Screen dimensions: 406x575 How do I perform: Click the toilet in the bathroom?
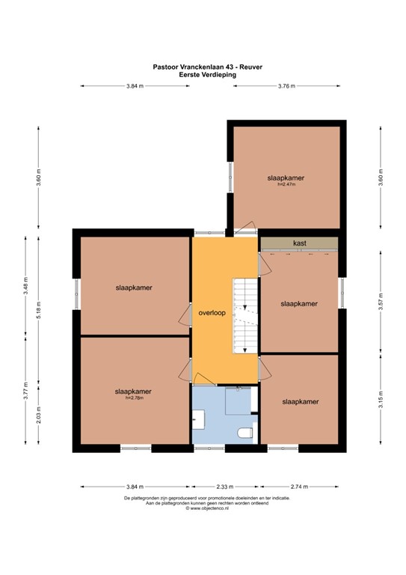coord(246,433)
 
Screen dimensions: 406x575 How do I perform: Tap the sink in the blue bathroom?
coord(198,419)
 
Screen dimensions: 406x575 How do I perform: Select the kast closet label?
coord(300,243)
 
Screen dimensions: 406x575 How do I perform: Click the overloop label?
coord(212,313)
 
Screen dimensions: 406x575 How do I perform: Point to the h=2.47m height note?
coord(286,184)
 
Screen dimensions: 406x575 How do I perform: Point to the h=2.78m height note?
coord(135,398)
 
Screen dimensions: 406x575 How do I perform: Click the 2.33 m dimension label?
coord(224,487)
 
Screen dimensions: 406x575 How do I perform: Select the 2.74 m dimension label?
coord(299,487)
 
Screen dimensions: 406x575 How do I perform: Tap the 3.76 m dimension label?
coord(286,86)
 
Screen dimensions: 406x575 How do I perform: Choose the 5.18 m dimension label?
coord(39,310)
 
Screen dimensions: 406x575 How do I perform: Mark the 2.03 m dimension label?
coord(39,415)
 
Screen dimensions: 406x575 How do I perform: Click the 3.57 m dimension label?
coord(381,302)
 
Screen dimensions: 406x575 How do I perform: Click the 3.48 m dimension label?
coord(25,286)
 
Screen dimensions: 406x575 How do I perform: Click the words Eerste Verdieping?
coord(208,74)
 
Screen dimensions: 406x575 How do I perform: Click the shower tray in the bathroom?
coord(239,401)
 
